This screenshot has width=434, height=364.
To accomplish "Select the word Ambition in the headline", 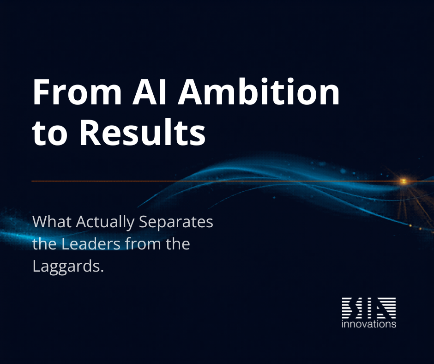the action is pyautogui.click(x=259, y=91).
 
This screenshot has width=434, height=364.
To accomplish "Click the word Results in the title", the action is pyautogui.click(x=143, y=132).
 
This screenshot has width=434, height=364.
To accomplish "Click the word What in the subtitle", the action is pyautogui.click(x=52, y=222).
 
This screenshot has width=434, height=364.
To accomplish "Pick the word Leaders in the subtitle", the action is pyautogui.click(x=91, y=244).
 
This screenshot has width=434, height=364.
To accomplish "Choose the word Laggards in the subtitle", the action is pyautogui.click(x=66, y=267).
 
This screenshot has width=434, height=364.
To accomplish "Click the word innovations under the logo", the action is pyautogui.click(x=369, y=324).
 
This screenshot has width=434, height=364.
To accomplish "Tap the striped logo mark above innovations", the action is pyautogui.click(x=369, y=308).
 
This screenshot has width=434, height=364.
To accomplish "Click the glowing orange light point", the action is pyautogui.click(x=404, y=181).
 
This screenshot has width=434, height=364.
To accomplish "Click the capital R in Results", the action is pyautogui.click(x=89, y=132).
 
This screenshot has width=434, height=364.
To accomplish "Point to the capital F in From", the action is pyautogui.click(x=41, y=92).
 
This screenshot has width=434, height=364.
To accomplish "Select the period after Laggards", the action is pyautogui.click(x=102, y=271).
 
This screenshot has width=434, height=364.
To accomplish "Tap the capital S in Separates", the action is pyautogui.click(x=143, y=222).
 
